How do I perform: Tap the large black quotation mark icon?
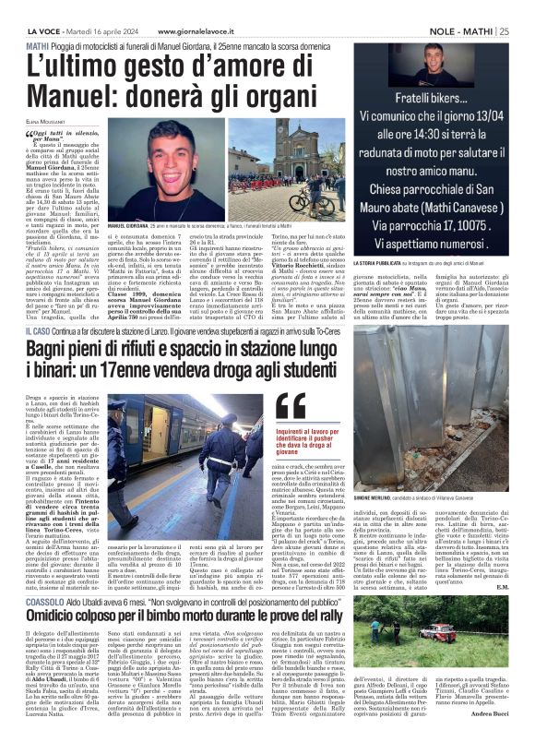pos(291,407)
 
